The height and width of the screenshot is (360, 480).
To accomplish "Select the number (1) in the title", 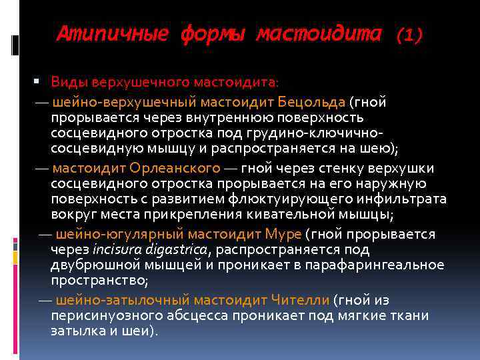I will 409,35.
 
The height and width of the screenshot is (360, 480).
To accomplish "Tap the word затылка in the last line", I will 77,331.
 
